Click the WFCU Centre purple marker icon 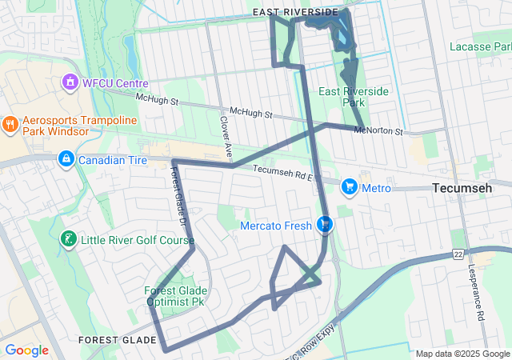click(x=70, y=82)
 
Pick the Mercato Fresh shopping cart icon click(x=326, y=226)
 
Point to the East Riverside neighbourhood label click(x=294, y=12)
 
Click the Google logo click(x=26, y=350)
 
